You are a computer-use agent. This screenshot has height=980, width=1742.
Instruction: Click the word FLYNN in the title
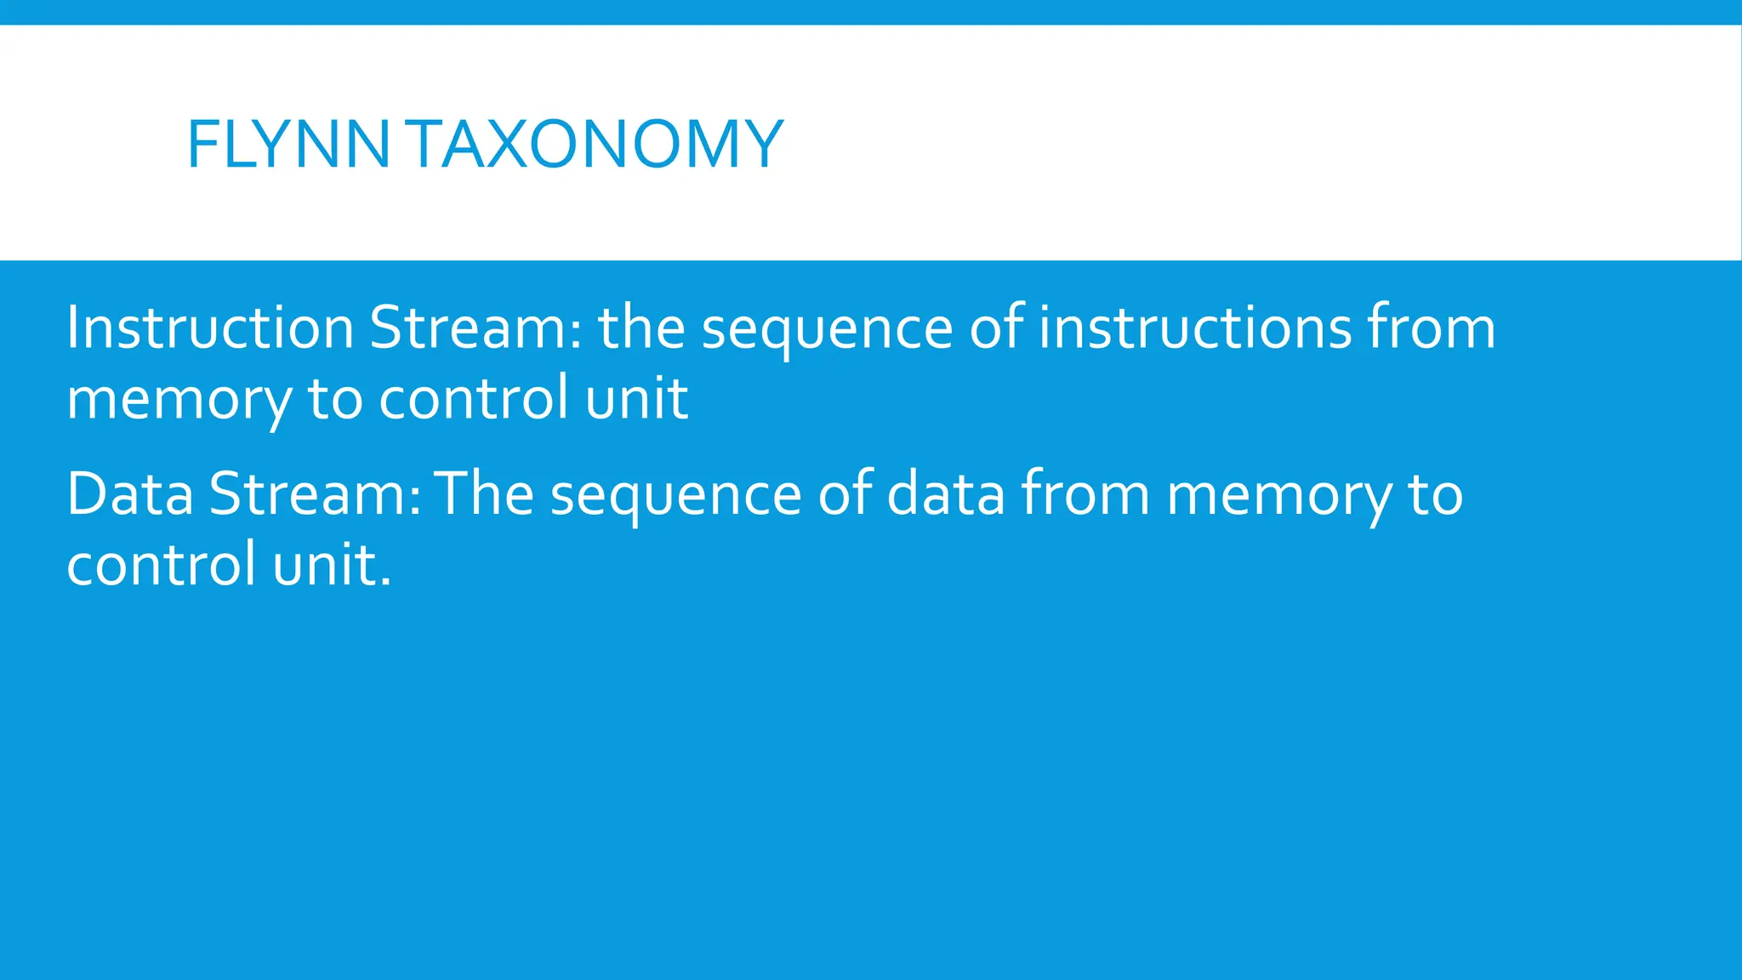287,145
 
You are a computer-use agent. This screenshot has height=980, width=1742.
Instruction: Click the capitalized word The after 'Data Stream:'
484,494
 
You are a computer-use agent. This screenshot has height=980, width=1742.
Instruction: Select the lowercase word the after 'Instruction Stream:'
642,328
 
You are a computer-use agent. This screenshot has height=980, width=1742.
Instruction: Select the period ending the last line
386,584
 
